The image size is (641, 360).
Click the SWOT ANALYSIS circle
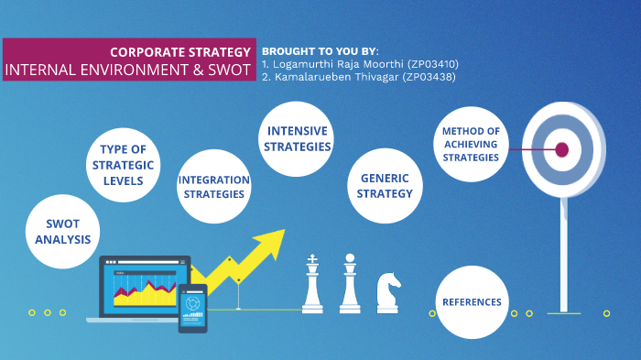click(x=63, y=232)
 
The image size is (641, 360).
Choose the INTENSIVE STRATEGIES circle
click(x=296, y=138)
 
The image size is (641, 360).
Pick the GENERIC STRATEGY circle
click(x=385, y=186)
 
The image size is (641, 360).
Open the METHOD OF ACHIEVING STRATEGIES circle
click(x=470, y=145)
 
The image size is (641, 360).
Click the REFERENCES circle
click(x=472, y=302)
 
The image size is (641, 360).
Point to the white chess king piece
click(x=313, y=283)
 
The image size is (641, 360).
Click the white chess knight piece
click(x=388, y=291)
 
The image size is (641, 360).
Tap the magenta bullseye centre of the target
click(x=562, y=148)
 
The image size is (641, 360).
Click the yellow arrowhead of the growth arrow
click(x=267, y=243)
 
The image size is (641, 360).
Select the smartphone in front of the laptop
click(x=193, y=307)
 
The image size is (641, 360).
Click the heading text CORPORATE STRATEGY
click(x=179, y=51)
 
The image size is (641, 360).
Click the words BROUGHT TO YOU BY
click(x=318, y=50)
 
